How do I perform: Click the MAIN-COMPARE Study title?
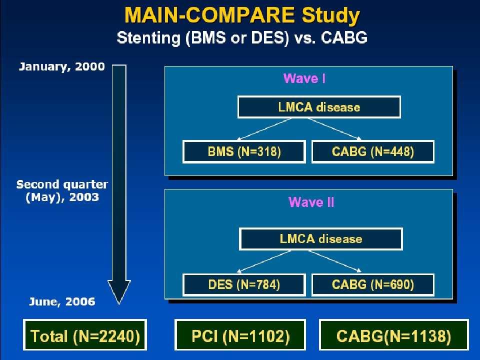click(242, 15)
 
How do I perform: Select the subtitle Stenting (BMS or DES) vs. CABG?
click(242, 38)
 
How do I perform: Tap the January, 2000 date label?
click(62, 66)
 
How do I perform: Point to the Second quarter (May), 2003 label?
click(62, 190)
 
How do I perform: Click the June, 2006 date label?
click(62, 302)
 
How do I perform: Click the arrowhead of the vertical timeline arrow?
click(119, 302)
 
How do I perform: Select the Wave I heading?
click(304, 78)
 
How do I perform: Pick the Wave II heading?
click(311, 202)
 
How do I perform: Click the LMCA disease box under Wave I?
click(319, 107)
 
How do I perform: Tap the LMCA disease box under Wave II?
click(321, 239)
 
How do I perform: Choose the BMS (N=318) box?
click(244, 151)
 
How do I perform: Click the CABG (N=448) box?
click(373, 151)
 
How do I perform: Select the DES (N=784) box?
click(244, 284)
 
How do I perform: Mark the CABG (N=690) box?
click(373, 284)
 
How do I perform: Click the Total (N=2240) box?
click(85, 335)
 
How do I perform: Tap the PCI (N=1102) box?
click(240, 335)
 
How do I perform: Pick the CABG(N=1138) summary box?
click(393, 335)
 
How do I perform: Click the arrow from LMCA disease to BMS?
click(264, 129)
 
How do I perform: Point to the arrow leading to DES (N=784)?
click(263, 261)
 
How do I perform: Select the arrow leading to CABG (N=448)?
click(335, 129)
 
